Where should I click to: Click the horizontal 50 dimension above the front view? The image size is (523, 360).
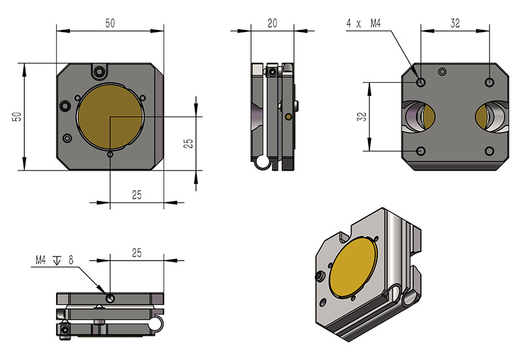tap(110, 23)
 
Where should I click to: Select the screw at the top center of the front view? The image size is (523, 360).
tap(99, 71)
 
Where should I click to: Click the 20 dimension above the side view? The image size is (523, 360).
tap(273, 23)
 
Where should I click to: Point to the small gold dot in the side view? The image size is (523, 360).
tap(288, 117)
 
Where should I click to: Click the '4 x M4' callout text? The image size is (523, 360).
tap(363, 24)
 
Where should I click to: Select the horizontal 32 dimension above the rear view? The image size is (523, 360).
tap(455, 23)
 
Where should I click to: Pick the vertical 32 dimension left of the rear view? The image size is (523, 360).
tap(362, 117)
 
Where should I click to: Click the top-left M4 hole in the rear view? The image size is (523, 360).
tap(420, 82)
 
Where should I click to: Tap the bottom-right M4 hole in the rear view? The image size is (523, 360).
tap(489, 152)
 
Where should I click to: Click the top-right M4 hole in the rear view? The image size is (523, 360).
tap(489, 82)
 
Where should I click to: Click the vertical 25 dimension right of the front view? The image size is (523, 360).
tap(188, 144)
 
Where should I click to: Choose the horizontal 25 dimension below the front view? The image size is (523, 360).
tap(137, 195)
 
